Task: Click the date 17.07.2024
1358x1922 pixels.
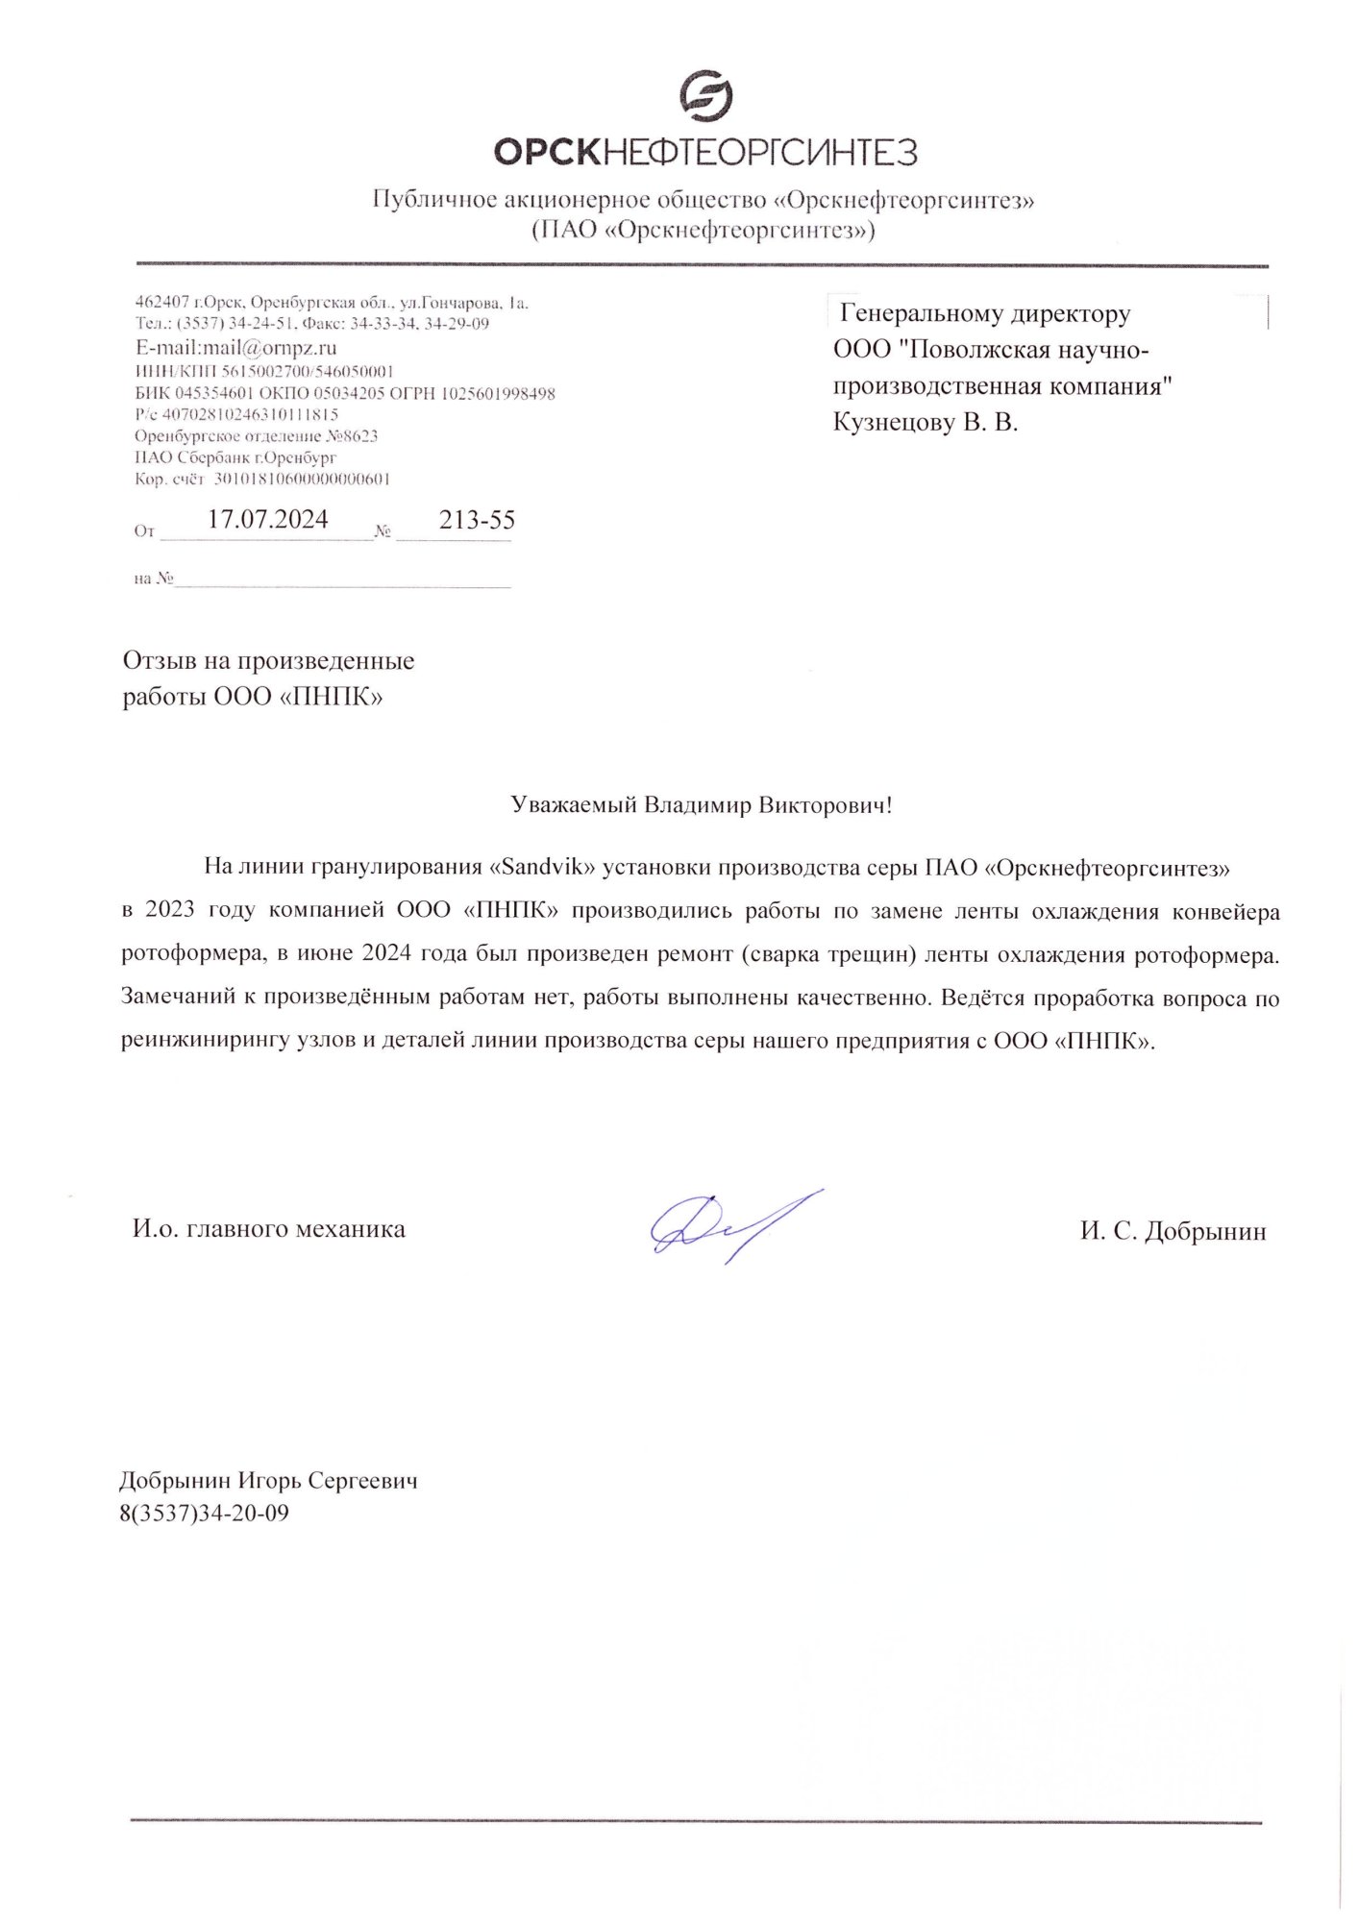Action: (x=268, y=520)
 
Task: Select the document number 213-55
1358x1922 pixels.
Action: (x=477, y=521)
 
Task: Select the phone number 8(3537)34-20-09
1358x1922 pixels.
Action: (x=205, y=1514)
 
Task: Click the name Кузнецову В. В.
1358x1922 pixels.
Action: (x=925, y=422)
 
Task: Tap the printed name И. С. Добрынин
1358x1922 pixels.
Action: (x=1173, y=1231)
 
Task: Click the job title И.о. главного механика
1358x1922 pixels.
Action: (x=269, y=1229)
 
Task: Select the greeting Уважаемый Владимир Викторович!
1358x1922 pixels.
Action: (x=702, y=804)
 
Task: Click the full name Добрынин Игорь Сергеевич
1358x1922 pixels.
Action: (x=269, y=1480)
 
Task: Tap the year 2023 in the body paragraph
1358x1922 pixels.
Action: (x=171, y=910)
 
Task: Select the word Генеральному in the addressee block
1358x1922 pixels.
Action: (x=913, y=313)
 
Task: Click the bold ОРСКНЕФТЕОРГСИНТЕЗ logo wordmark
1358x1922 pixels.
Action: (x=705, y=152)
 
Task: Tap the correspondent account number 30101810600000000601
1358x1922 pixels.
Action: (x=301, y=479)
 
